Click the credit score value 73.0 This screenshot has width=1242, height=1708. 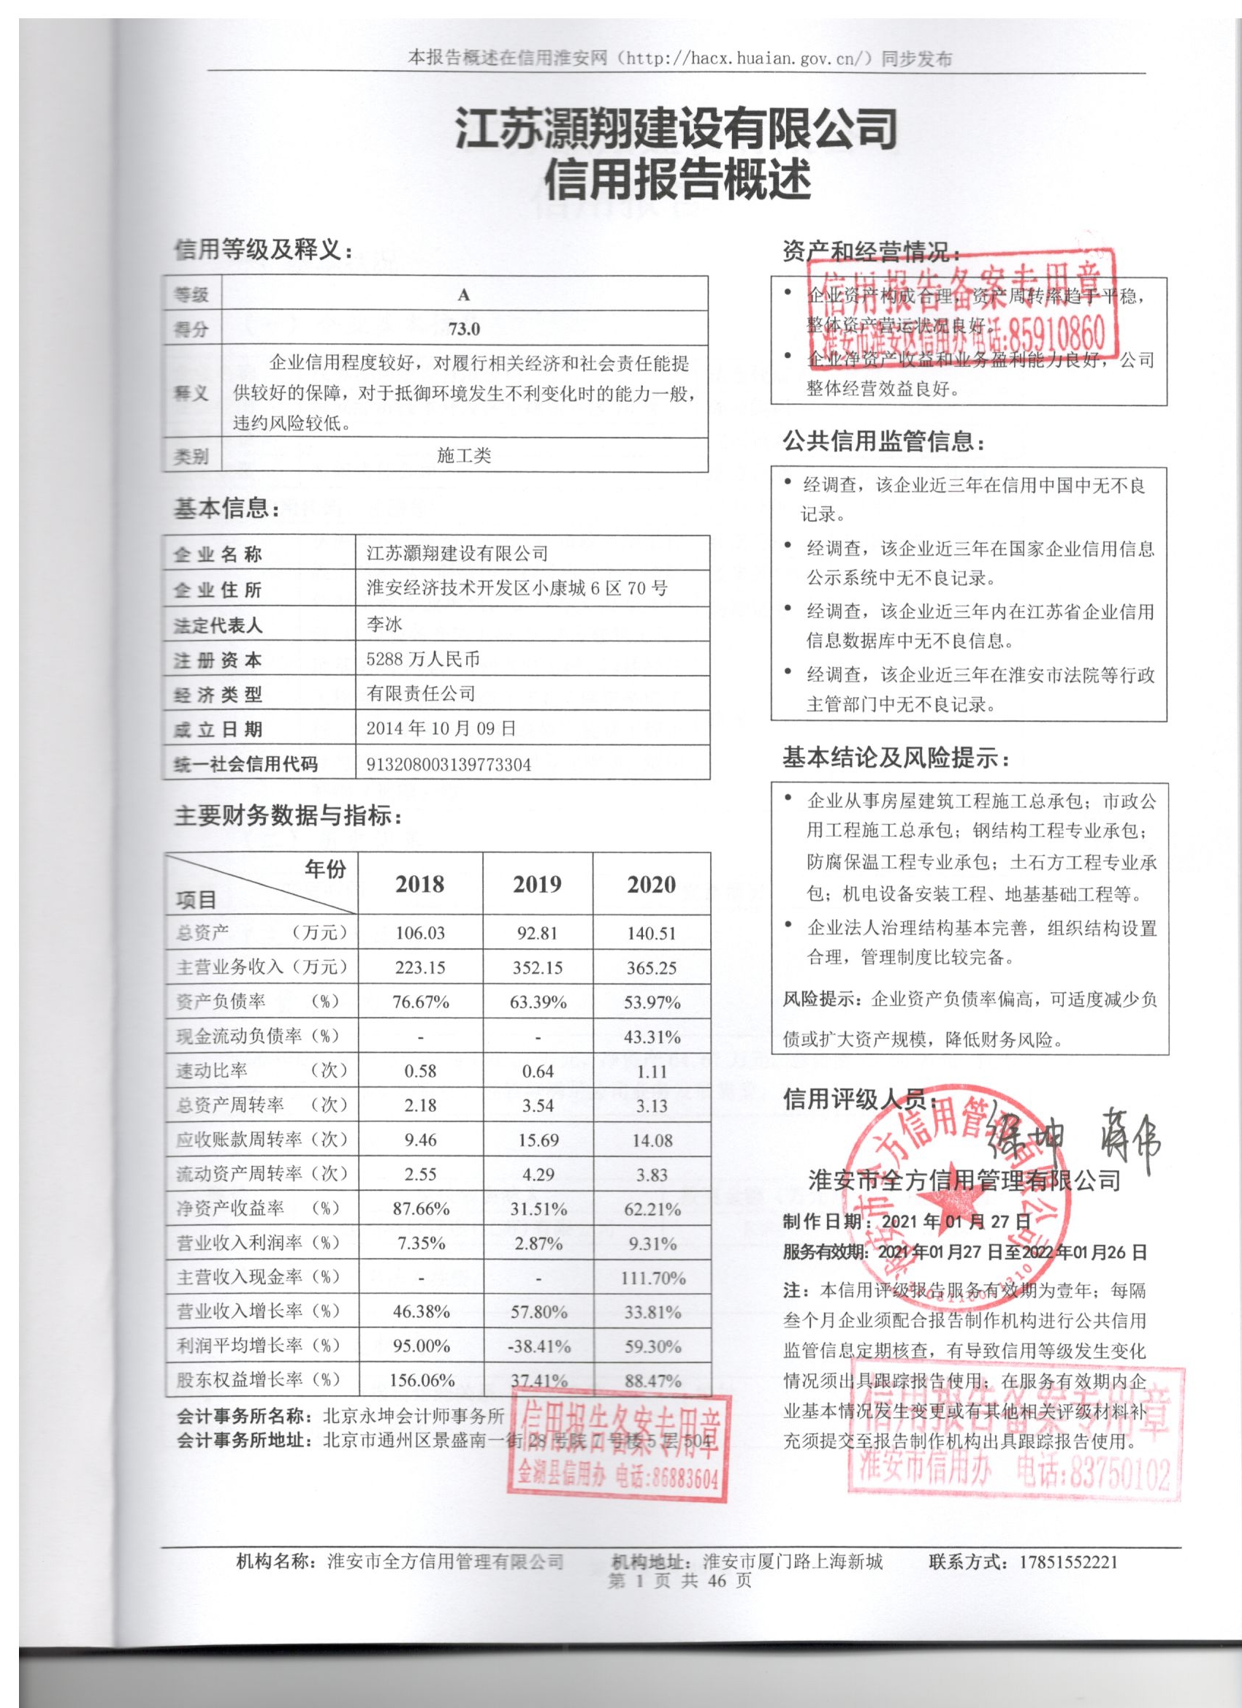[463, 329]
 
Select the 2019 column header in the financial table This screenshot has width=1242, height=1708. [537, 883]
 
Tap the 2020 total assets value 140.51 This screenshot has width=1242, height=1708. [652, 933]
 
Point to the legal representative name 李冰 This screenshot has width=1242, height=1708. [384, 624]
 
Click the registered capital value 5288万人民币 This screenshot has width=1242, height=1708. [422, 659]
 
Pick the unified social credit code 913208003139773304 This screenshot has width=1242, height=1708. [448, 764]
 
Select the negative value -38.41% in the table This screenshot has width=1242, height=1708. [538, 1346]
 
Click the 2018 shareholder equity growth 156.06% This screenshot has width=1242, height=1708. [421, 1381]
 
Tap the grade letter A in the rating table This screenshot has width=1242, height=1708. [463, 295]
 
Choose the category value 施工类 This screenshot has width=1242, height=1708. [463, 455]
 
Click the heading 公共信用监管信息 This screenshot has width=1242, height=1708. [883, 441]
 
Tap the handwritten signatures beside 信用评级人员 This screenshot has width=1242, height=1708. [1071, 1136]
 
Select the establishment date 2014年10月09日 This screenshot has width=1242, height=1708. [441, 728]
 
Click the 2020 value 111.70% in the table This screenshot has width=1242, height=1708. [652, 1278]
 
